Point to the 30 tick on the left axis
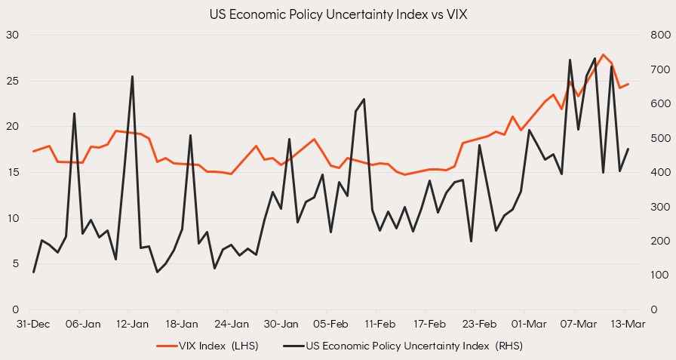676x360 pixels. pos(14,35)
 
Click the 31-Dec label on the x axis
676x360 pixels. pos(33,325)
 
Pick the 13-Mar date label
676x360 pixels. pos(626,325)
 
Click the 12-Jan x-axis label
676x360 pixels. pos(132,325)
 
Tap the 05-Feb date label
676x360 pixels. pos(330,325)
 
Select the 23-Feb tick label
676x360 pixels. pos(478,325)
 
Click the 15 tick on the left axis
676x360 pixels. pos(14,172)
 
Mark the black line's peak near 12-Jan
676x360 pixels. pos(132,76)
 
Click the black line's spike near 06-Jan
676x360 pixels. pos(74,113)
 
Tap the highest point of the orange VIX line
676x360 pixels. pos(603,54)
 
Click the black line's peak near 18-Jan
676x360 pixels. pos(190,135)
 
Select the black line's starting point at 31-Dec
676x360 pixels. pos(33,272)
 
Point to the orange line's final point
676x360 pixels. pos(628,84)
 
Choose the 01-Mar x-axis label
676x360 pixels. pos(528,325)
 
